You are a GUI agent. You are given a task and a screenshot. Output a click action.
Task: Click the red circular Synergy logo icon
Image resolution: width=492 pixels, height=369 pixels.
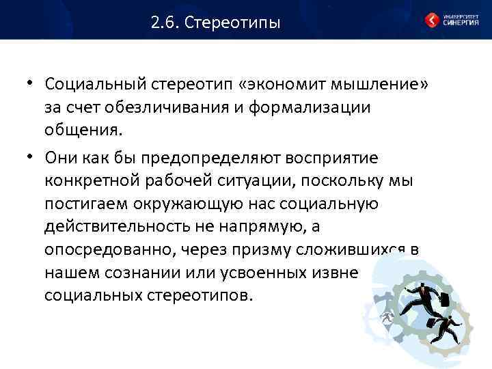tap(432, 20)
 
